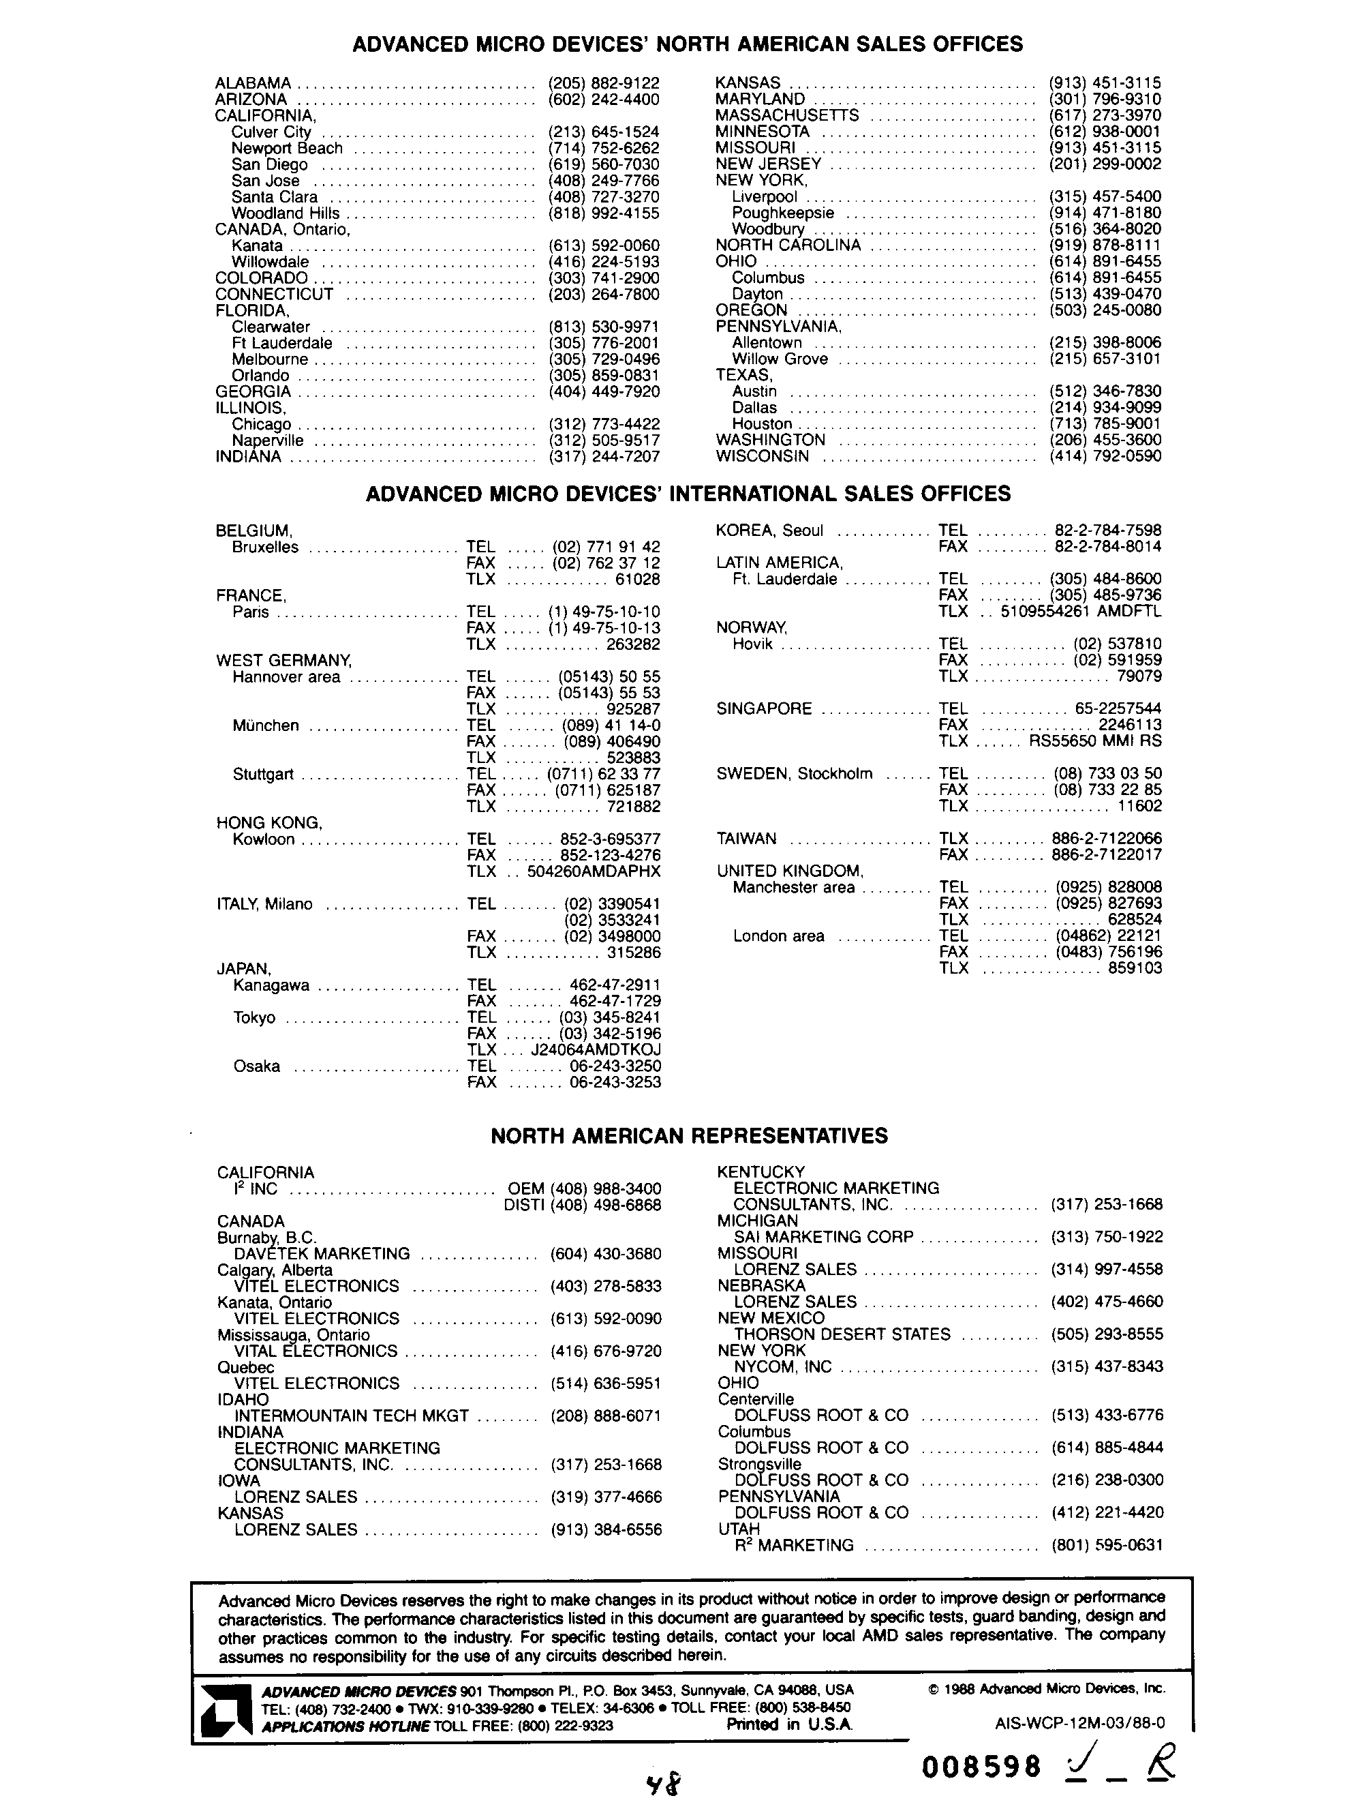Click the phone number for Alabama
click(603, 83)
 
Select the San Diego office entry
click(269, 164)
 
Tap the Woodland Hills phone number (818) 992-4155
click(603, 213)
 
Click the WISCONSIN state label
click(762, 456)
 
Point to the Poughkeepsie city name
click(782, 213)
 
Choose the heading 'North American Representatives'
click(689, 1135)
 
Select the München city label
click(265, 725)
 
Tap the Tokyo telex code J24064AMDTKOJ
click(596, 1049)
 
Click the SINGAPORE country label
click(764, 708)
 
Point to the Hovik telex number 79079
click(1139, 676)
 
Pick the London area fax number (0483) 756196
click(1108, 951)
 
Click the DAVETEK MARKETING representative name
click(322, 1253)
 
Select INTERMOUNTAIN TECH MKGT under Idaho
click(351, 1416)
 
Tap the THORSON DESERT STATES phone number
click(1107, 1334)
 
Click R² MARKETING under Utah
click(793, 1545)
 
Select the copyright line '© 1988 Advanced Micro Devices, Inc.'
click(1047, 1688)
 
